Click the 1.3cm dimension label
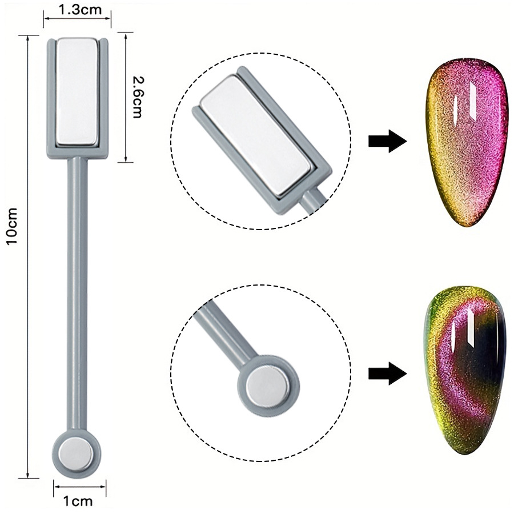[77, 9]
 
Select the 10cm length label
[13, 226]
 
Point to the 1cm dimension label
[77, 501]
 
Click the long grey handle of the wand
[76, 286]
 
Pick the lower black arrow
[387, 374]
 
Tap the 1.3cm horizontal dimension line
[77, 18]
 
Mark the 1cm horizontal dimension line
[77, 487]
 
